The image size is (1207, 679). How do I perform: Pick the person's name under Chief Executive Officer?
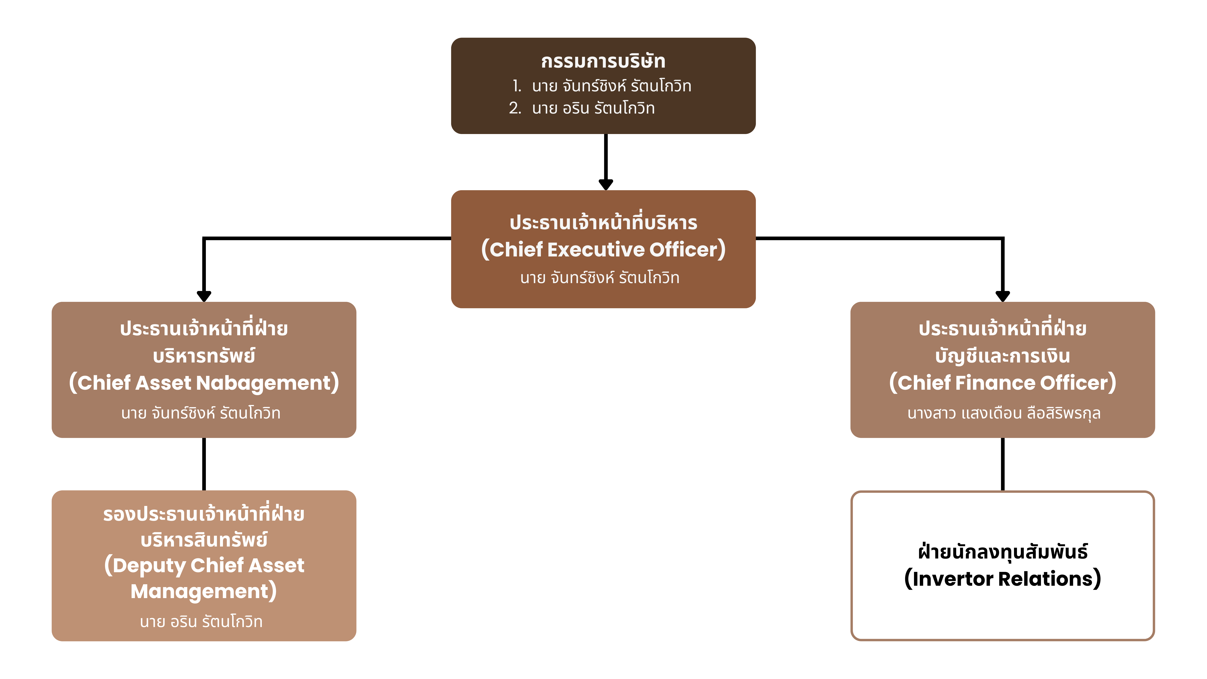(x=600, y=278)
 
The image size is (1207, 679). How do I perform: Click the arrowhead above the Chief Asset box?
(x=204, y=296)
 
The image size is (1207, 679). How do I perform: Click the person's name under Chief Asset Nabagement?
(x=200, y=413)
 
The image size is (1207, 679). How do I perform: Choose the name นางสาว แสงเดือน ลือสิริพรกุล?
(x=1004, y=413)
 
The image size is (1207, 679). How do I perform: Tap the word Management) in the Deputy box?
(x=204, y=591)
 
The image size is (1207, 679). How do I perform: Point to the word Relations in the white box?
(x=1046, y=579)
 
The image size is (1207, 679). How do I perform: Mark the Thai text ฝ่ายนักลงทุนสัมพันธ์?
(x=1003, y=552)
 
